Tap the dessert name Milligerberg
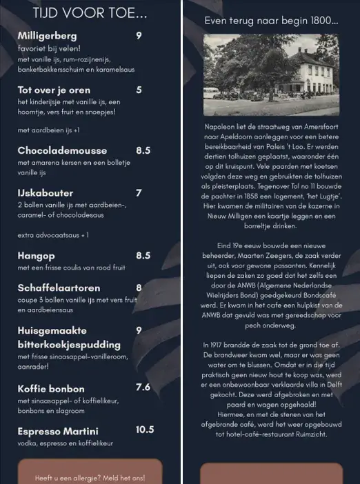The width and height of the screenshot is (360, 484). [x=47, y=36]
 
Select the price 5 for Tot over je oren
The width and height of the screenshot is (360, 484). [x=139, y=90]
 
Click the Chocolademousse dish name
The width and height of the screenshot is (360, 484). [x=62, y=150]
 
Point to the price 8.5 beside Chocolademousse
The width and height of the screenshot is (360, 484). [x=143, y=150]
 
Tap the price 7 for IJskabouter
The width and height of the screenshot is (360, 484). [x=139, y=193]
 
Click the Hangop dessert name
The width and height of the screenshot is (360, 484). [x=36, y=256]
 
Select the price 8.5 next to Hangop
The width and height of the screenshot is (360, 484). [x=143, y=256]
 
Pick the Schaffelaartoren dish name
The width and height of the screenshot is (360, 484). [x=59, y=288]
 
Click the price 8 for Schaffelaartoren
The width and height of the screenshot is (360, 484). [x=139, y=288]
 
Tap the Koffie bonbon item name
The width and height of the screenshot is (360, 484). [x=51, y=388]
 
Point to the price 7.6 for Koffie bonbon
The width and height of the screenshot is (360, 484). [x=143, y=387]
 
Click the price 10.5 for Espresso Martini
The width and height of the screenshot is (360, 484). [x=145, y=430]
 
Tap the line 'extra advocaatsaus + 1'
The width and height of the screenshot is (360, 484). [x=53, y=235]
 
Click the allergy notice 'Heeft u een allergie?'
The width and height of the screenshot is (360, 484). [x=90, y=477]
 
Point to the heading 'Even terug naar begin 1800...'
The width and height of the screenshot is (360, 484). [x=270, y=21]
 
